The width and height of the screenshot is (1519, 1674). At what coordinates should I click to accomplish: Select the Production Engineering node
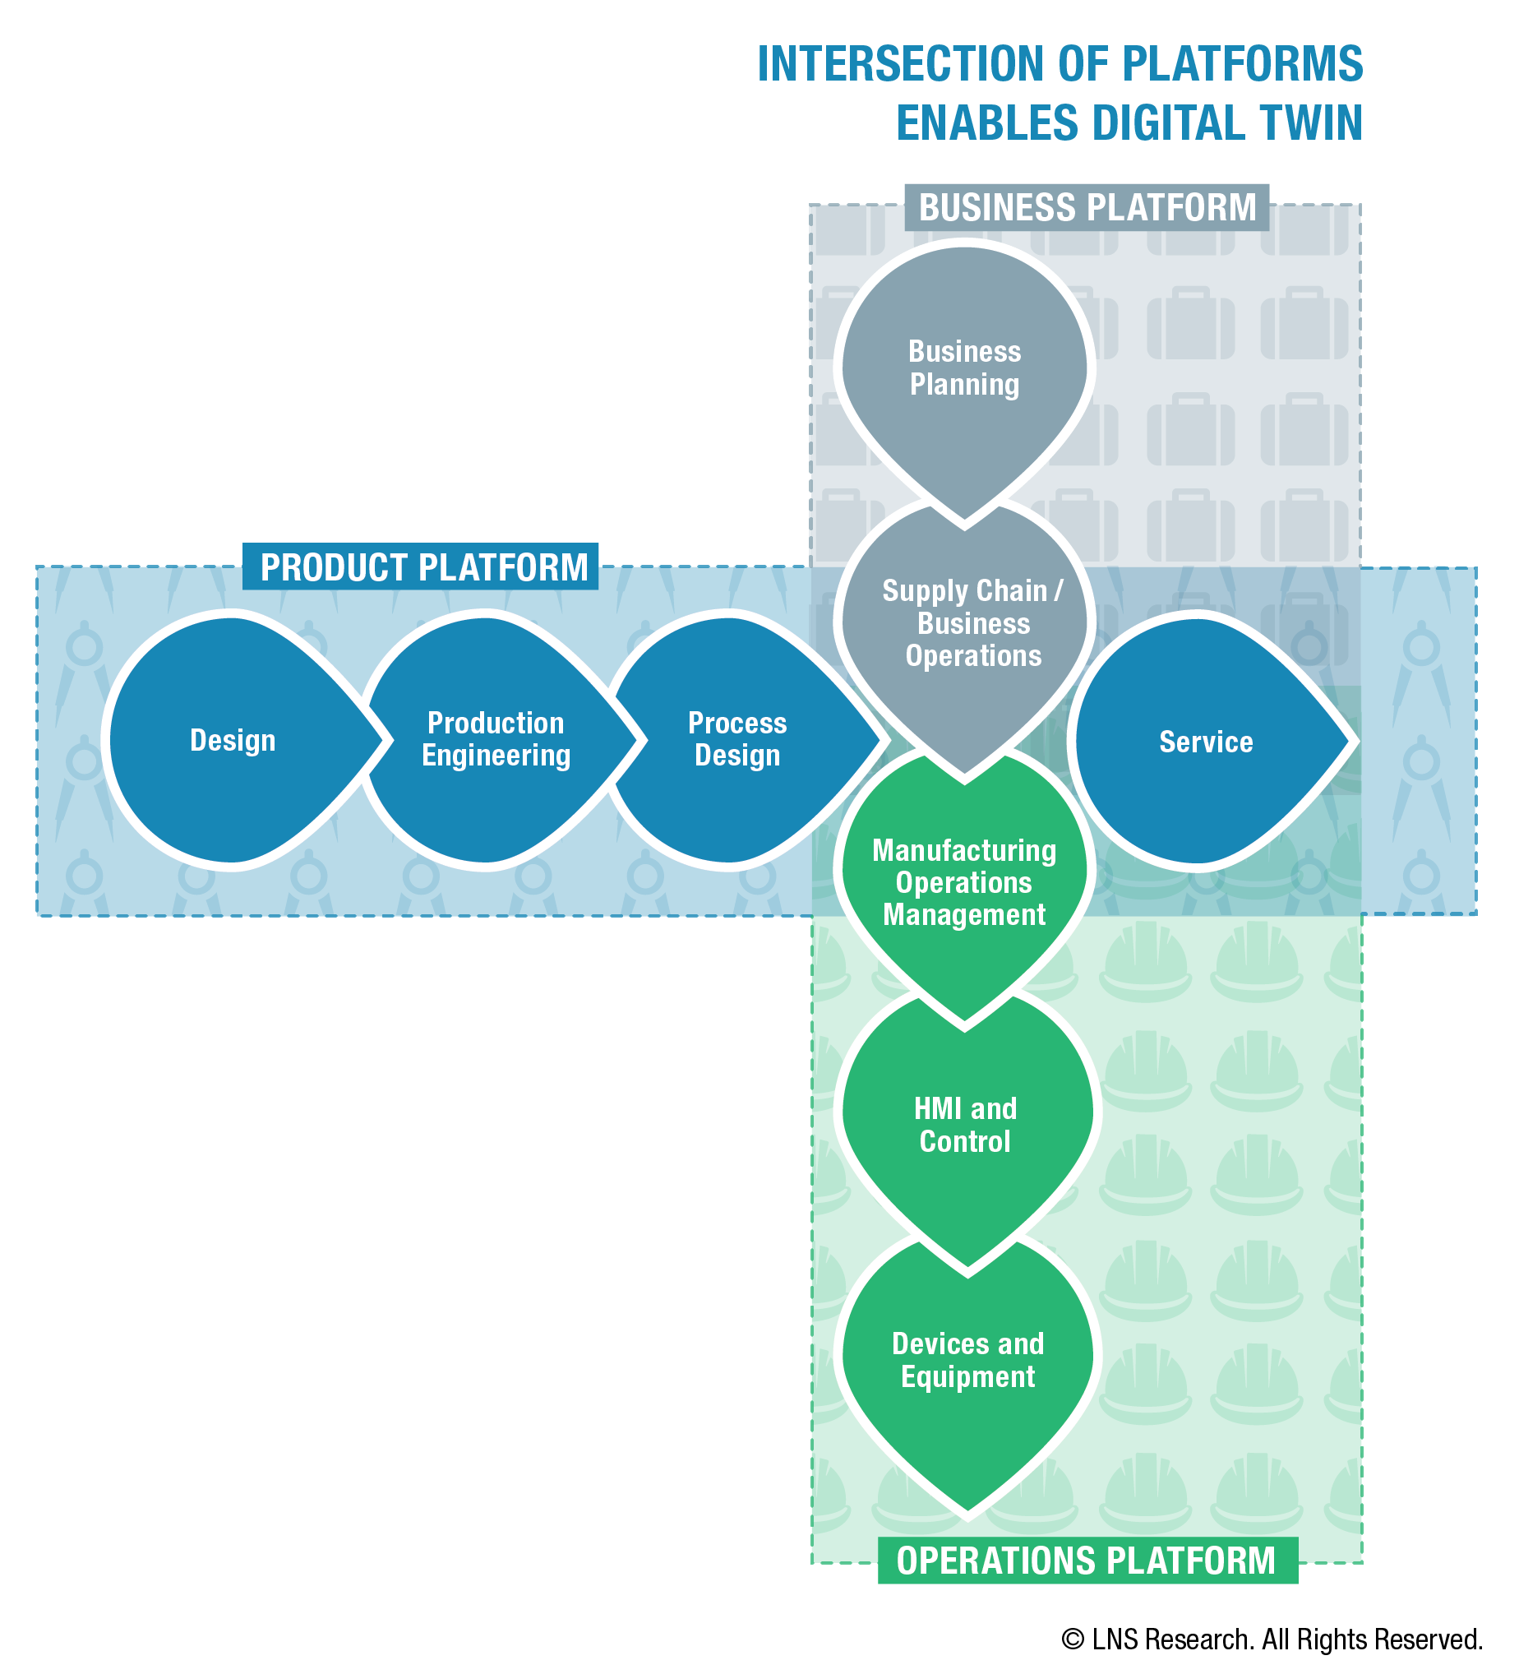(496, 740)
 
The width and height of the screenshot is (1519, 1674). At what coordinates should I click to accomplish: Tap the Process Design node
(739, 740)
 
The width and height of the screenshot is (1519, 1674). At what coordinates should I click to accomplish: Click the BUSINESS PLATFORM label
(1087, 207)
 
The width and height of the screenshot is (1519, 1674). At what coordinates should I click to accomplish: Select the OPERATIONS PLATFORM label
(1087, 1561)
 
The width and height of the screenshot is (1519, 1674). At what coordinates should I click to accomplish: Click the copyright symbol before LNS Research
(1073, 1640)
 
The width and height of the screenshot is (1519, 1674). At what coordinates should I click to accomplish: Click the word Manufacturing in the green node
(964, 851)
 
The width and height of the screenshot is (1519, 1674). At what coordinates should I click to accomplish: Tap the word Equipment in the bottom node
(967, 1376)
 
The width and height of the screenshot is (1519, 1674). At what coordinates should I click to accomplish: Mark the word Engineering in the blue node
(496, 756)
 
